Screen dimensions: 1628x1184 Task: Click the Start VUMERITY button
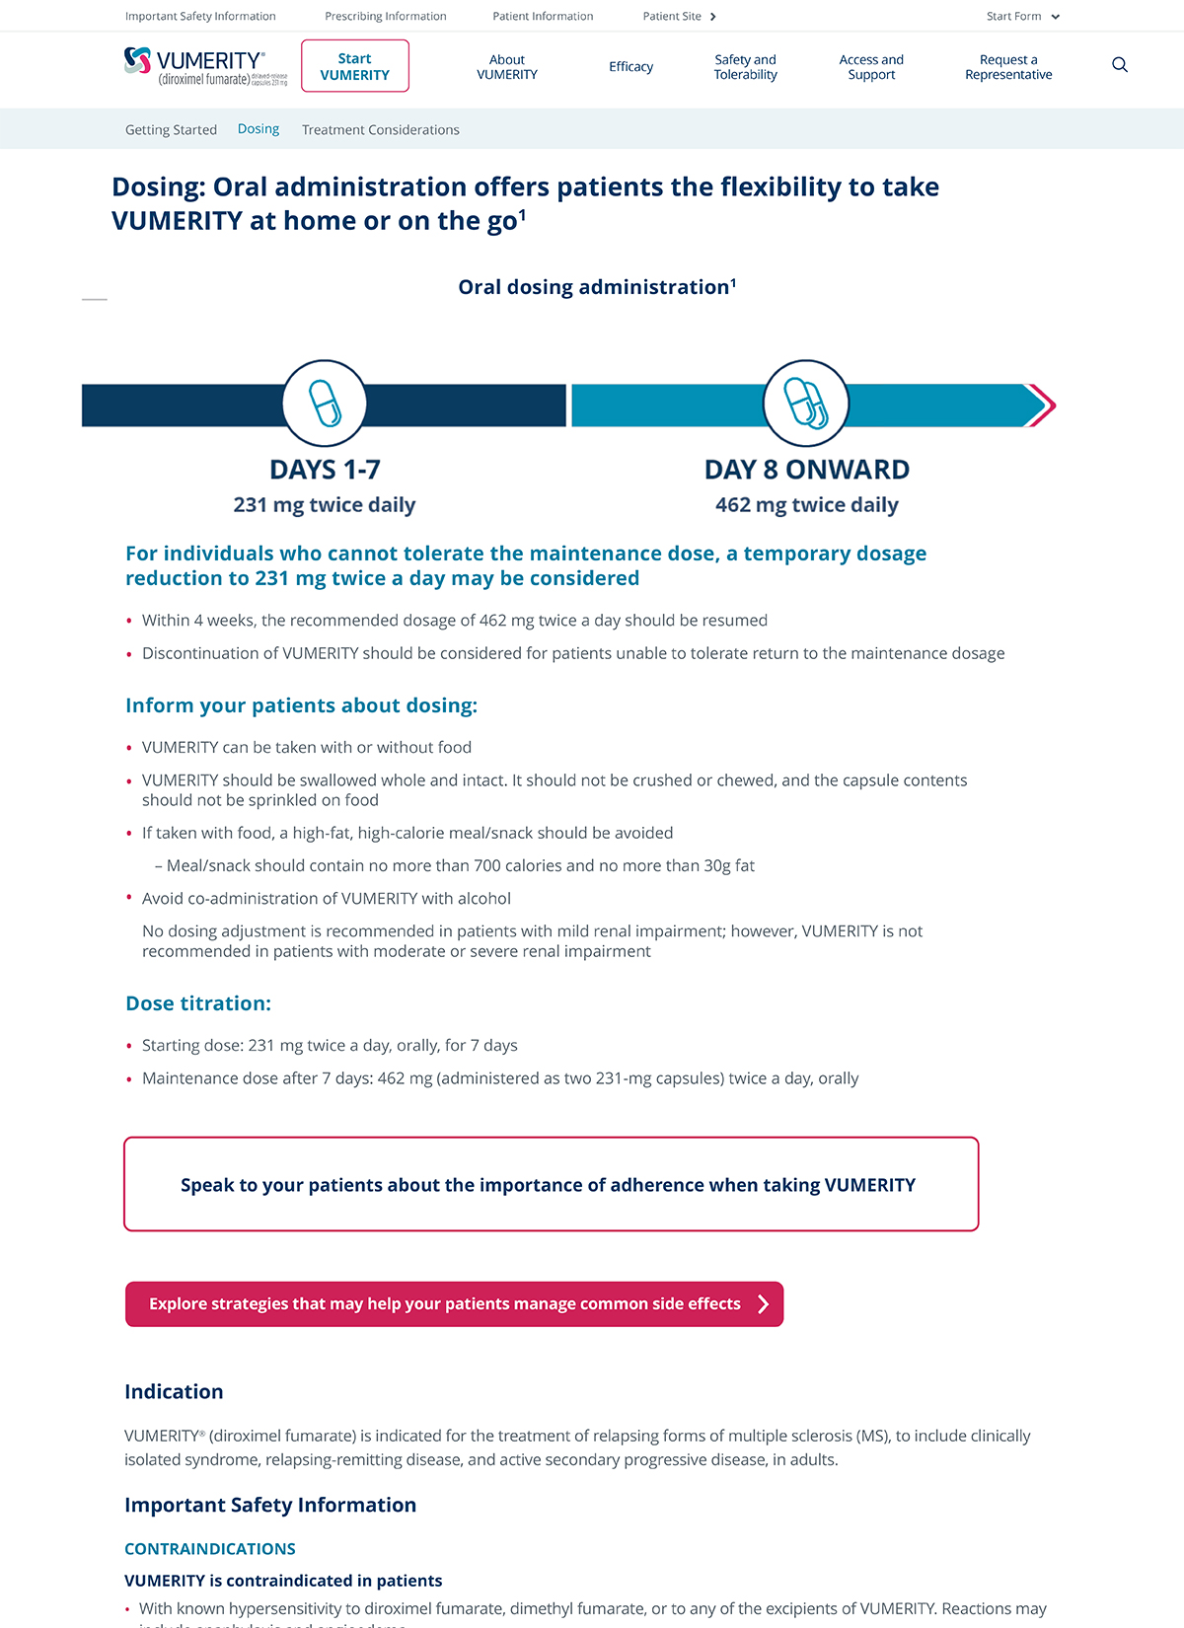coord(355,66)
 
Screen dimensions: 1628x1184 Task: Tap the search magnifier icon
coord(1120,65)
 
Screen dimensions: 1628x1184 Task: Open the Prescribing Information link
coord(386,16)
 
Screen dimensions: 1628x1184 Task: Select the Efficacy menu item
coord(630,67)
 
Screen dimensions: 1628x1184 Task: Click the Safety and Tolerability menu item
coord(745,67)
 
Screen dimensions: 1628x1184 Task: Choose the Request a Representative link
coord(1008,67)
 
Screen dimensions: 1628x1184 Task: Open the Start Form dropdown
coord(1022,16)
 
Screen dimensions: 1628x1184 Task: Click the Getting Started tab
coord(171,129)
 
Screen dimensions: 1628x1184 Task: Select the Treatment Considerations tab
coord(380,129)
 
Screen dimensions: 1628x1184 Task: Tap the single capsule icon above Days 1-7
coord(325,403)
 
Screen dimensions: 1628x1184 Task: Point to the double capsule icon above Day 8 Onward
coord(806,403)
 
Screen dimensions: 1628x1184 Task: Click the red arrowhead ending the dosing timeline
coord(1042,405)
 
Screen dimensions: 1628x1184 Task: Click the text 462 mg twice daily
coord(806,505)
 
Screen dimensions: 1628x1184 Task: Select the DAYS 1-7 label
coord(325,470)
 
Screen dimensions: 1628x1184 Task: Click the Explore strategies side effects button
coord(454,1303)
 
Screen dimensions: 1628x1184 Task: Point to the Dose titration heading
coord(198,1003)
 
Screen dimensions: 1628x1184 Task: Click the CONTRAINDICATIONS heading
coord(210,1549)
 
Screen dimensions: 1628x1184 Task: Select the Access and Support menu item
coord(871,67)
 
